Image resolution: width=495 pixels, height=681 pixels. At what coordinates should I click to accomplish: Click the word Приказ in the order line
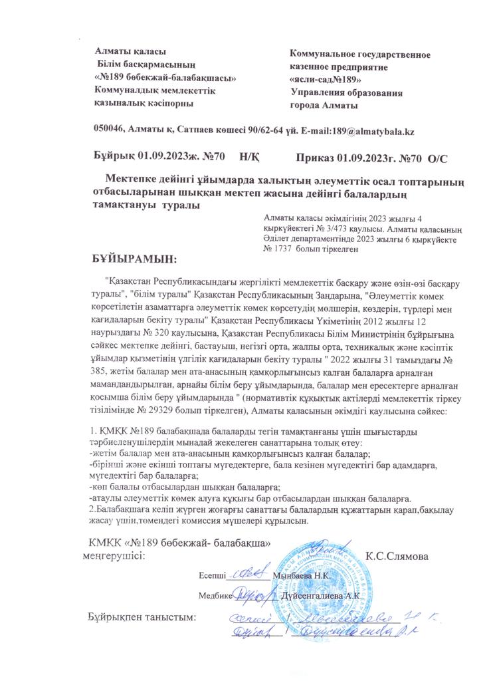coord(315,158)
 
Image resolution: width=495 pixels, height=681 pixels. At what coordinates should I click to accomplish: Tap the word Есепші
coord(212,574)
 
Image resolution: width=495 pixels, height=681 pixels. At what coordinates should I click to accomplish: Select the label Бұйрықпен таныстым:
coord(143,617)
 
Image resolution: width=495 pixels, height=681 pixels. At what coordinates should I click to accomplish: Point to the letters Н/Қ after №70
coord(248,158)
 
